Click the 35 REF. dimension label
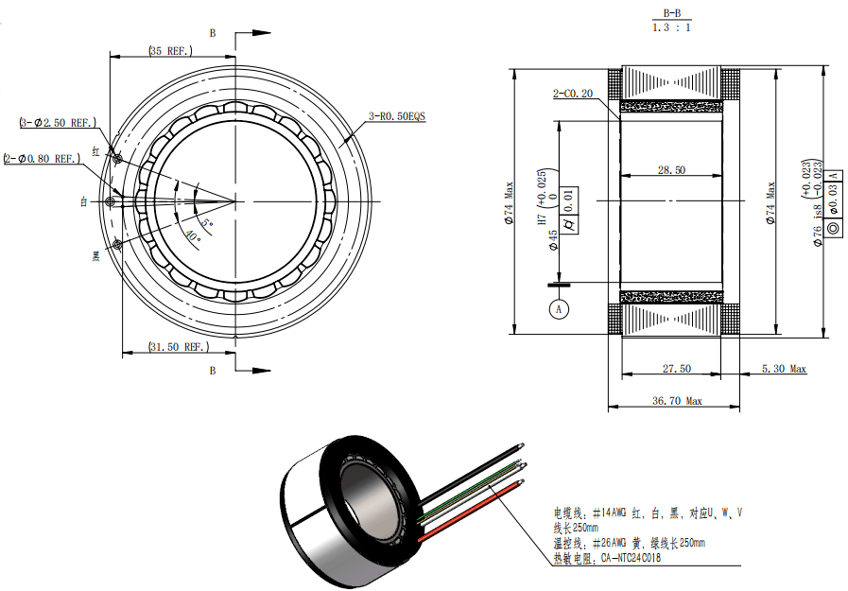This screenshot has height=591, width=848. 170,51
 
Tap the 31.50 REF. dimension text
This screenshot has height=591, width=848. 179,347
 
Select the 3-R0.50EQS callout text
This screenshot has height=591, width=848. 397,116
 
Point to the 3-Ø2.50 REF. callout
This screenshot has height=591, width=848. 58,123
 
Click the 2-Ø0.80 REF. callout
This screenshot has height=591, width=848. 43,159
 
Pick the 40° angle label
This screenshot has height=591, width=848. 193,235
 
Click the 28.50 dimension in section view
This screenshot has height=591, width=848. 671,170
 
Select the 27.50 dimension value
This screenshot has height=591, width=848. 677,368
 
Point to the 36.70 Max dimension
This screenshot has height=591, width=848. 677,401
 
